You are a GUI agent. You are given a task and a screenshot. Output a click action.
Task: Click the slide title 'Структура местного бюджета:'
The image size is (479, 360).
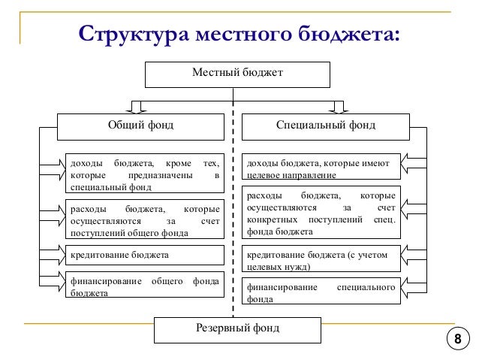(x=239, y=35)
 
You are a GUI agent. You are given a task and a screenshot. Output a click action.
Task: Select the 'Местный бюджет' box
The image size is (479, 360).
(x=236, y=74)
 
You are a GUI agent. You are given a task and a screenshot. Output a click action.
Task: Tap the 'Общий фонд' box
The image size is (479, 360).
(x=141, y=125)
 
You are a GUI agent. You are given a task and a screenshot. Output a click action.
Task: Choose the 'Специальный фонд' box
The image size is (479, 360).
(x=326, y=125)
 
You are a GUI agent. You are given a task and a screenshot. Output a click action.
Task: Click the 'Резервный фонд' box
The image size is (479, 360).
(x=236, y=328)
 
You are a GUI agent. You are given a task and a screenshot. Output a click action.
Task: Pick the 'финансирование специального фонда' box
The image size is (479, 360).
(x=322, y=292)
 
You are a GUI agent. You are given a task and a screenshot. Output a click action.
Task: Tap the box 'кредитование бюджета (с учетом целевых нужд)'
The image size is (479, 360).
(x=322, y=260)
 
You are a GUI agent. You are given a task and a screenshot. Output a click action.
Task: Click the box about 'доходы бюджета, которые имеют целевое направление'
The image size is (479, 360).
(x=322, y=168)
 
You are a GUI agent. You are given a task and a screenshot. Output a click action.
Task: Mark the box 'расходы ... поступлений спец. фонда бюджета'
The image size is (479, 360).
(x=322, y=213)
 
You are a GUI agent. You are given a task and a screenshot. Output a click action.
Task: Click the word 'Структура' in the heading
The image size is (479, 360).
(x=132, y=35)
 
